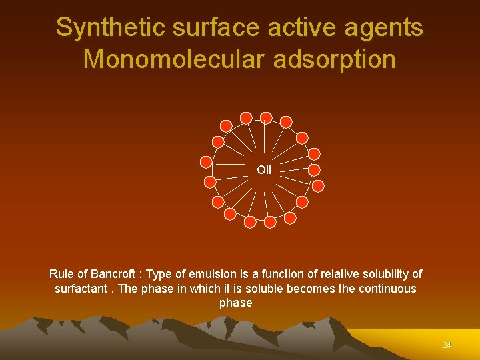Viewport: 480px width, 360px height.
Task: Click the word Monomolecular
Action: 173,59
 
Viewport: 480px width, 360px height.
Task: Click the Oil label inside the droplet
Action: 264,170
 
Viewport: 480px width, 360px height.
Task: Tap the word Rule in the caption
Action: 61,274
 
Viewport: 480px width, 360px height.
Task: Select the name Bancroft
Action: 112,274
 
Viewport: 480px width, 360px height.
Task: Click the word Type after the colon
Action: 159,274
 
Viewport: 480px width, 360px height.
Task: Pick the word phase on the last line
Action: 236,303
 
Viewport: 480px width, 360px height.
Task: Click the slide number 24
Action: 447,345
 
